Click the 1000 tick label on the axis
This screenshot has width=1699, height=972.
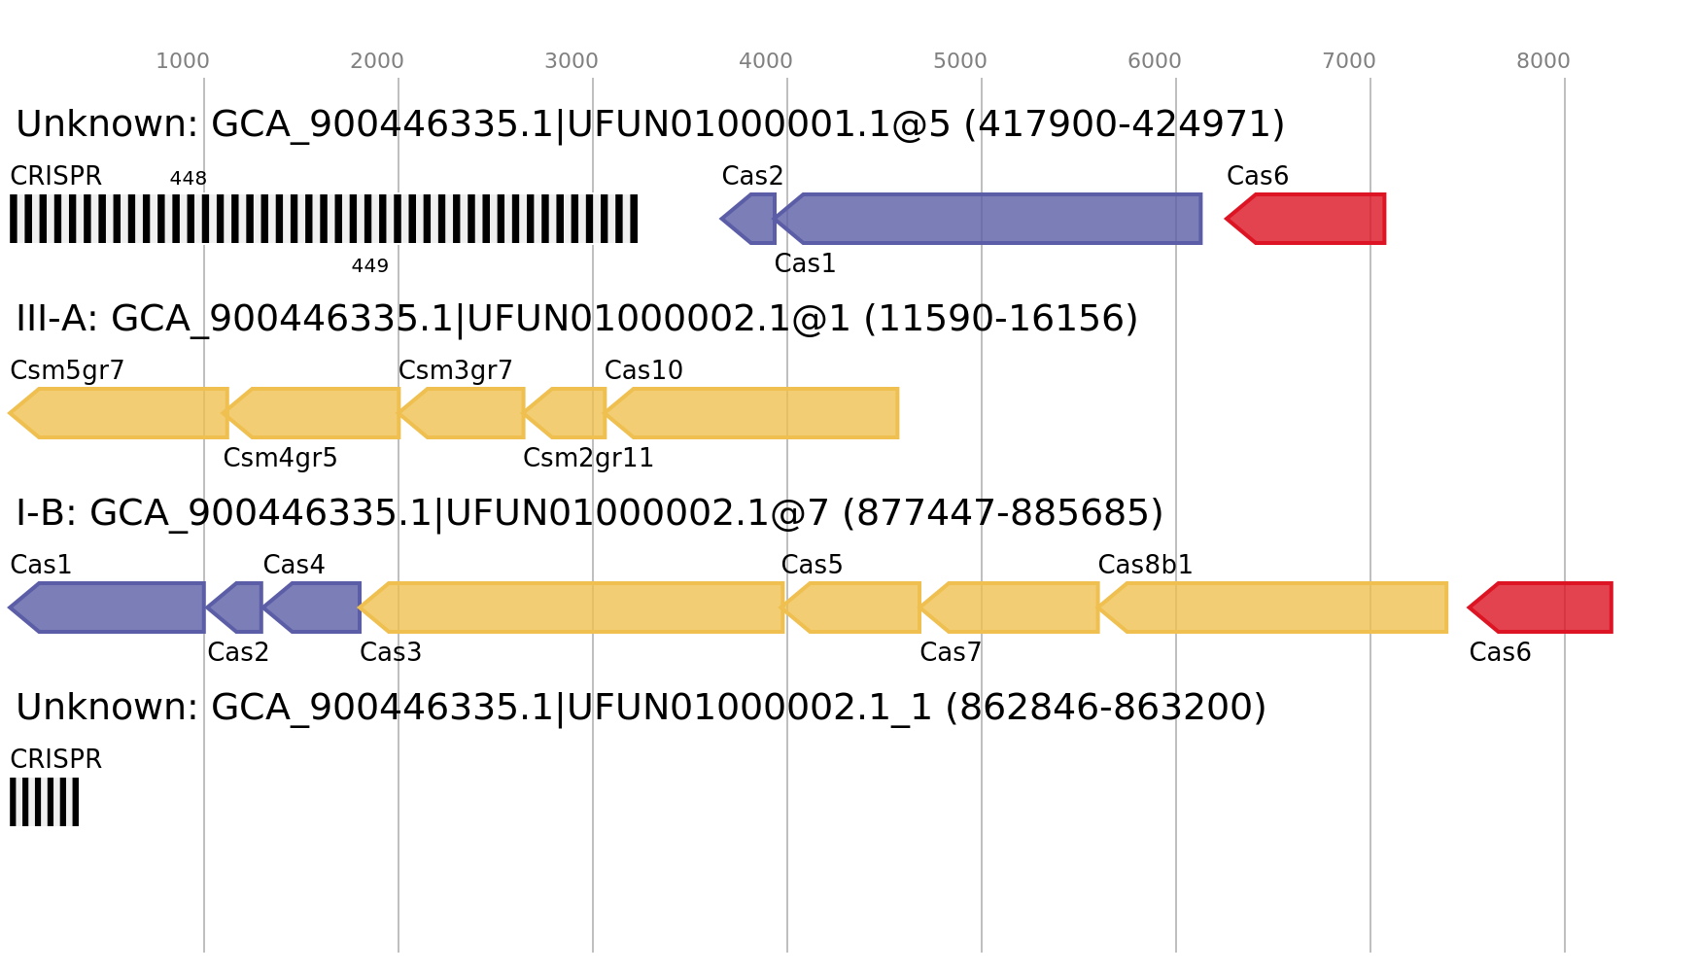183,61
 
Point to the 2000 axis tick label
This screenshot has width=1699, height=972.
377,61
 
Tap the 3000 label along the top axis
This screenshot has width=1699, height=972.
572,61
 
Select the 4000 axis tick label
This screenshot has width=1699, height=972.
766,61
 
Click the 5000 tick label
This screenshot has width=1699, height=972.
960,61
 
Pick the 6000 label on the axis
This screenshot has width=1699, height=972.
1155,61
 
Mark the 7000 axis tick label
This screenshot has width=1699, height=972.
1349,61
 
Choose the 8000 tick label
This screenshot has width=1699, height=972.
1543,61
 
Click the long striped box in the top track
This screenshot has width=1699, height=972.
324,219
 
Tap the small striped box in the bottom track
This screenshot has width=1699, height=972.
45,802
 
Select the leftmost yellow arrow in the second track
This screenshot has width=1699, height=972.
121,413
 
